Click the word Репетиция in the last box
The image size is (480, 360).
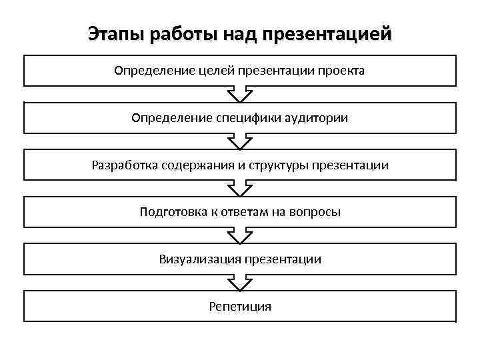pyautogui.click(x=240, y=307)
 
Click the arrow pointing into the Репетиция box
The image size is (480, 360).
pyautogui.click(x=240, y=283)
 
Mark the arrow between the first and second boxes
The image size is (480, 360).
pyautogui.click(x=240, y=94)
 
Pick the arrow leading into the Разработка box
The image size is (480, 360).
pyautogui.click(x=240, y=141)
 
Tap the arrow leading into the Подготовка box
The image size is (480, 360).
pyautogui.click(x=240, y=189)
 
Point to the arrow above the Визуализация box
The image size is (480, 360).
pyautogui.click(x=240, y=235)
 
